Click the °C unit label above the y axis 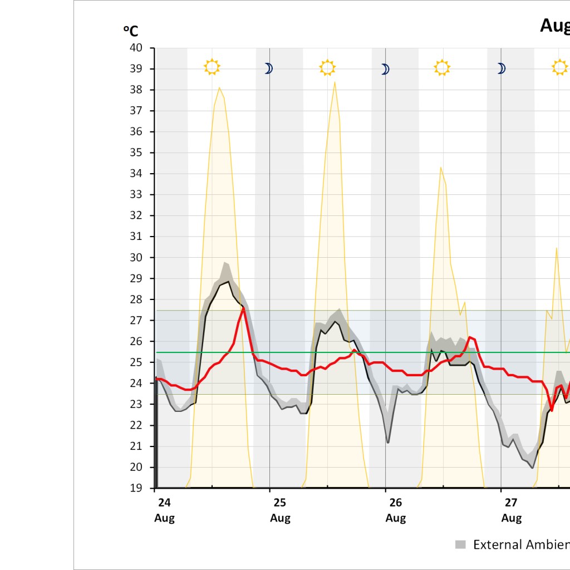coord(130,31)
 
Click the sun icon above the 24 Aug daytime coord(212,67)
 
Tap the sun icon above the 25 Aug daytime coord(328,68)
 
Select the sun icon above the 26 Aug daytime coord(442,68)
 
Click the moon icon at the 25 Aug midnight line coord(268,68)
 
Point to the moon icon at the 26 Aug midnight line coord(385,69)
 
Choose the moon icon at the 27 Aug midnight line coord(501,68)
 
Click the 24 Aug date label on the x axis coord(164,510)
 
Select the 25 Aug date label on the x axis coord(280,510)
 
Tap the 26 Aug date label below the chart coord(396,510)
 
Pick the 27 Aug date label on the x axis coord(512,510)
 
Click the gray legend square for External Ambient coord(460,544)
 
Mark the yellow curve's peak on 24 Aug coord(219,87)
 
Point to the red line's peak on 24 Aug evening coord(244,308)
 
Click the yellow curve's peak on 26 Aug coord(440,167)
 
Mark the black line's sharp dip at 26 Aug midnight coord(388,443)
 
